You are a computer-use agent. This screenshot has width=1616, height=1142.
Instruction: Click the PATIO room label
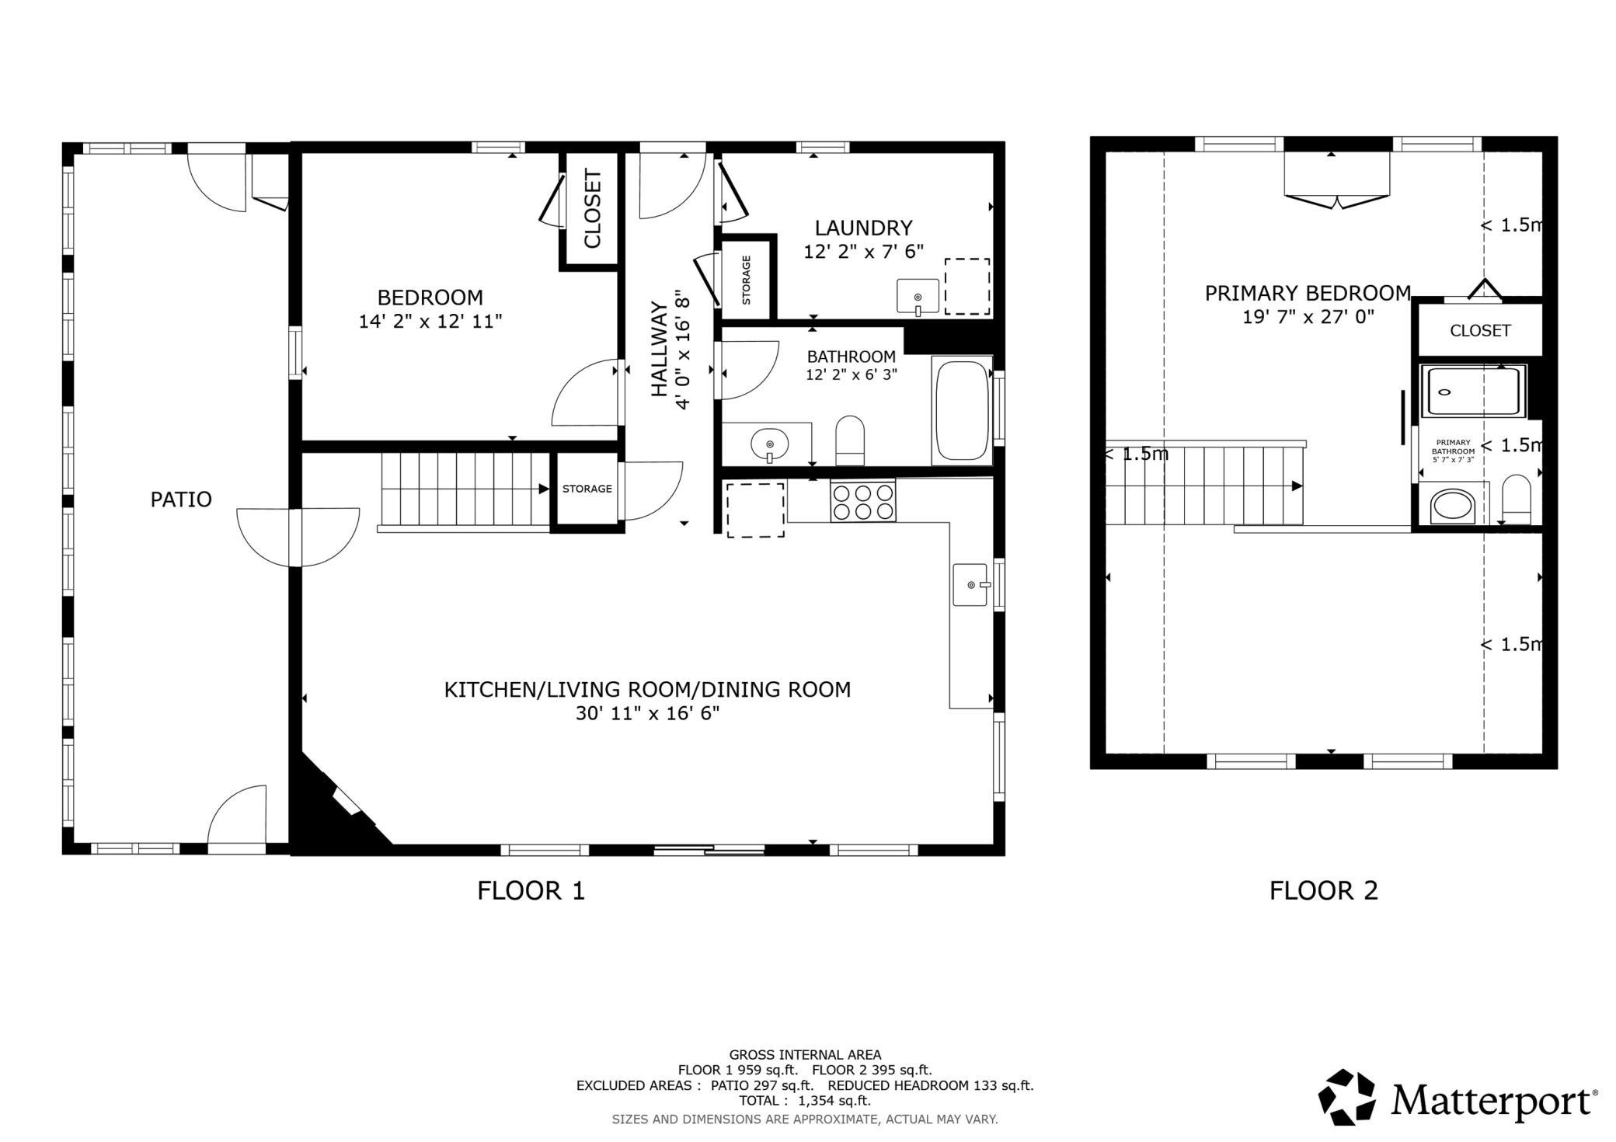point(181,499)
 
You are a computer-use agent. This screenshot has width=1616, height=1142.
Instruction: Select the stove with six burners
point(862,501)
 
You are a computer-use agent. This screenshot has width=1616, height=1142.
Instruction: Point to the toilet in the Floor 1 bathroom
point(850,440)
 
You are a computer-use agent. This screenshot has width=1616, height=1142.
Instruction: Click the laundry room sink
point(918,297)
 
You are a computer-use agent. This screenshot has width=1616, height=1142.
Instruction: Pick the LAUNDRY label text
point(863,228)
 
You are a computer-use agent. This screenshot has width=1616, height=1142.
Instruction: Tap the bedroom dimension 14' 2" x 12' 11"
point(430,321)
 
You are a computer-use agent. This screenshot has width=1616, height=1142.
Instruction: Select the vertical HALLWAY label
point(659,350)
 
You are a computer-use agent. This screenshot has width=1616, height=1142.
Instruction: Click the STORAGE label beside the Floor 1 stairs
point(587,489)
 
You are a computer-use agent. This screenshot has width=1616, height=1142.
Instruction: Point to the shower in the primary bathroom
point(1473,392)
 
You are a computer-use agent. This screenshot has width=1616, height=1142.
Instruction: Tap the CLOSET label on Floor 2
point(1480,330)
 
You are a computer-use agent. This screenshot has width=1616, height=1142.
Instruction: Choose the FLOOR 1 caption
point(531,890)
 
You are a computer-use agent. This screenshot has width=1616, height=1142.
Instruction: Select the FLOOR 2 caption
point(1324,890)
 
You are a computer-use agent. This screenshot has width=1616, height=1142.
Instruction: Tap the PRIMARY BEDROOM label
point(1308,293)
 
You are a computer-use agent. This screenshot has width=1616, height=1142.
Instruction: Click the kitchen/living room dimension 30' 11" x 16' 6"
point(647,713)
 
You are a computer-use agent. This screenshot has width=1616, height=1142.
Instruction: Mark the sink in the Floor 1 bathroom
point(769,444)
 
